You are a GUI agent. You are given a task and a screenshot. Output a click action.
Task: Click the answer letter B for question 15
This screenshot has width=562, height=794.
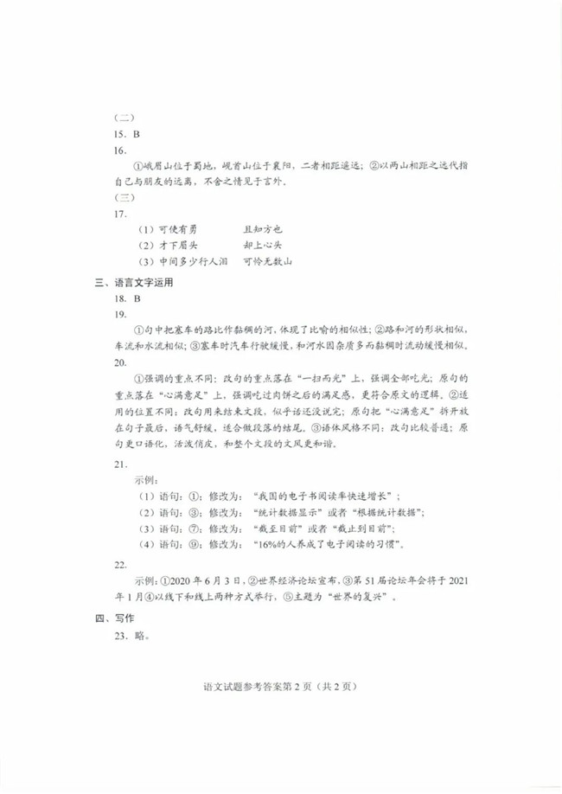137,134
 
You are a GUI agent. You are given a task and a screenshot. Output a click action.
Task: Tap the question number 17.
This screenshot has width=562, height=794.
120,213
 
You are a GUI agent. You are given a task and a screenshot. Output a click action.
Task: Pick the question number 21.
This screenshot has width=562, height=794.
120,464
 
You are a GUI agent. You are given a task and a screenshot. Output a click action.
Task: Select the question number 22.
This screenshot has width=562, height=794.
120,564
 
